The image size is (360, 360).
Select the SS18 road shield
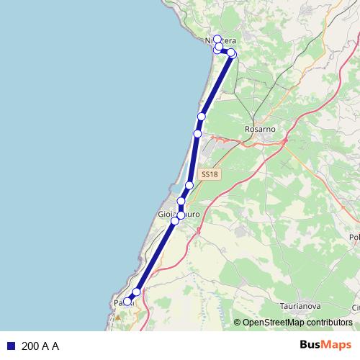pos(209,174)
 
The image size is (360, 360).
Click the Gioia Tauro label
pos(178,215)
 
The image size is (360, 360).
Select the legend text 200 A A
pos(40,346)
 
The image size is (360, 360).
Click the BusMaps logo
pos(325,345)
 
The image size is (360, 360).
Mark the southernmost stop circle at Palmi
pos(127,302)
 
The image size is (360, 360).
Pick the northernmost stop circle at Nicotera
pos(217,39)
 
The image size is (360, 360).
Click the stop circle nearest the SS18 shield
pos(189,186)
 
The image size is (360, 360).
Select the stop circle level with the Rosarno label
pos(198,133)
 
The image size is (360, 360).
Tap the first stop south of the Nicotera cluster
pos(202,117)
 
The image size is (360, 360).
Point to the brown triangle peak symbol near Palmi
pos(118,315)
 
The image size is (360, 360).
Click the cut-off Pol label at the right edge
pos(354,238)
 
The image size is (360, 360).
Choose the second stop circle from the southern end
pos(136,292)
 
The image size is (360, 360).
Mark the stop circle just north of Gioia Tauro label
pos(181,201)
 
